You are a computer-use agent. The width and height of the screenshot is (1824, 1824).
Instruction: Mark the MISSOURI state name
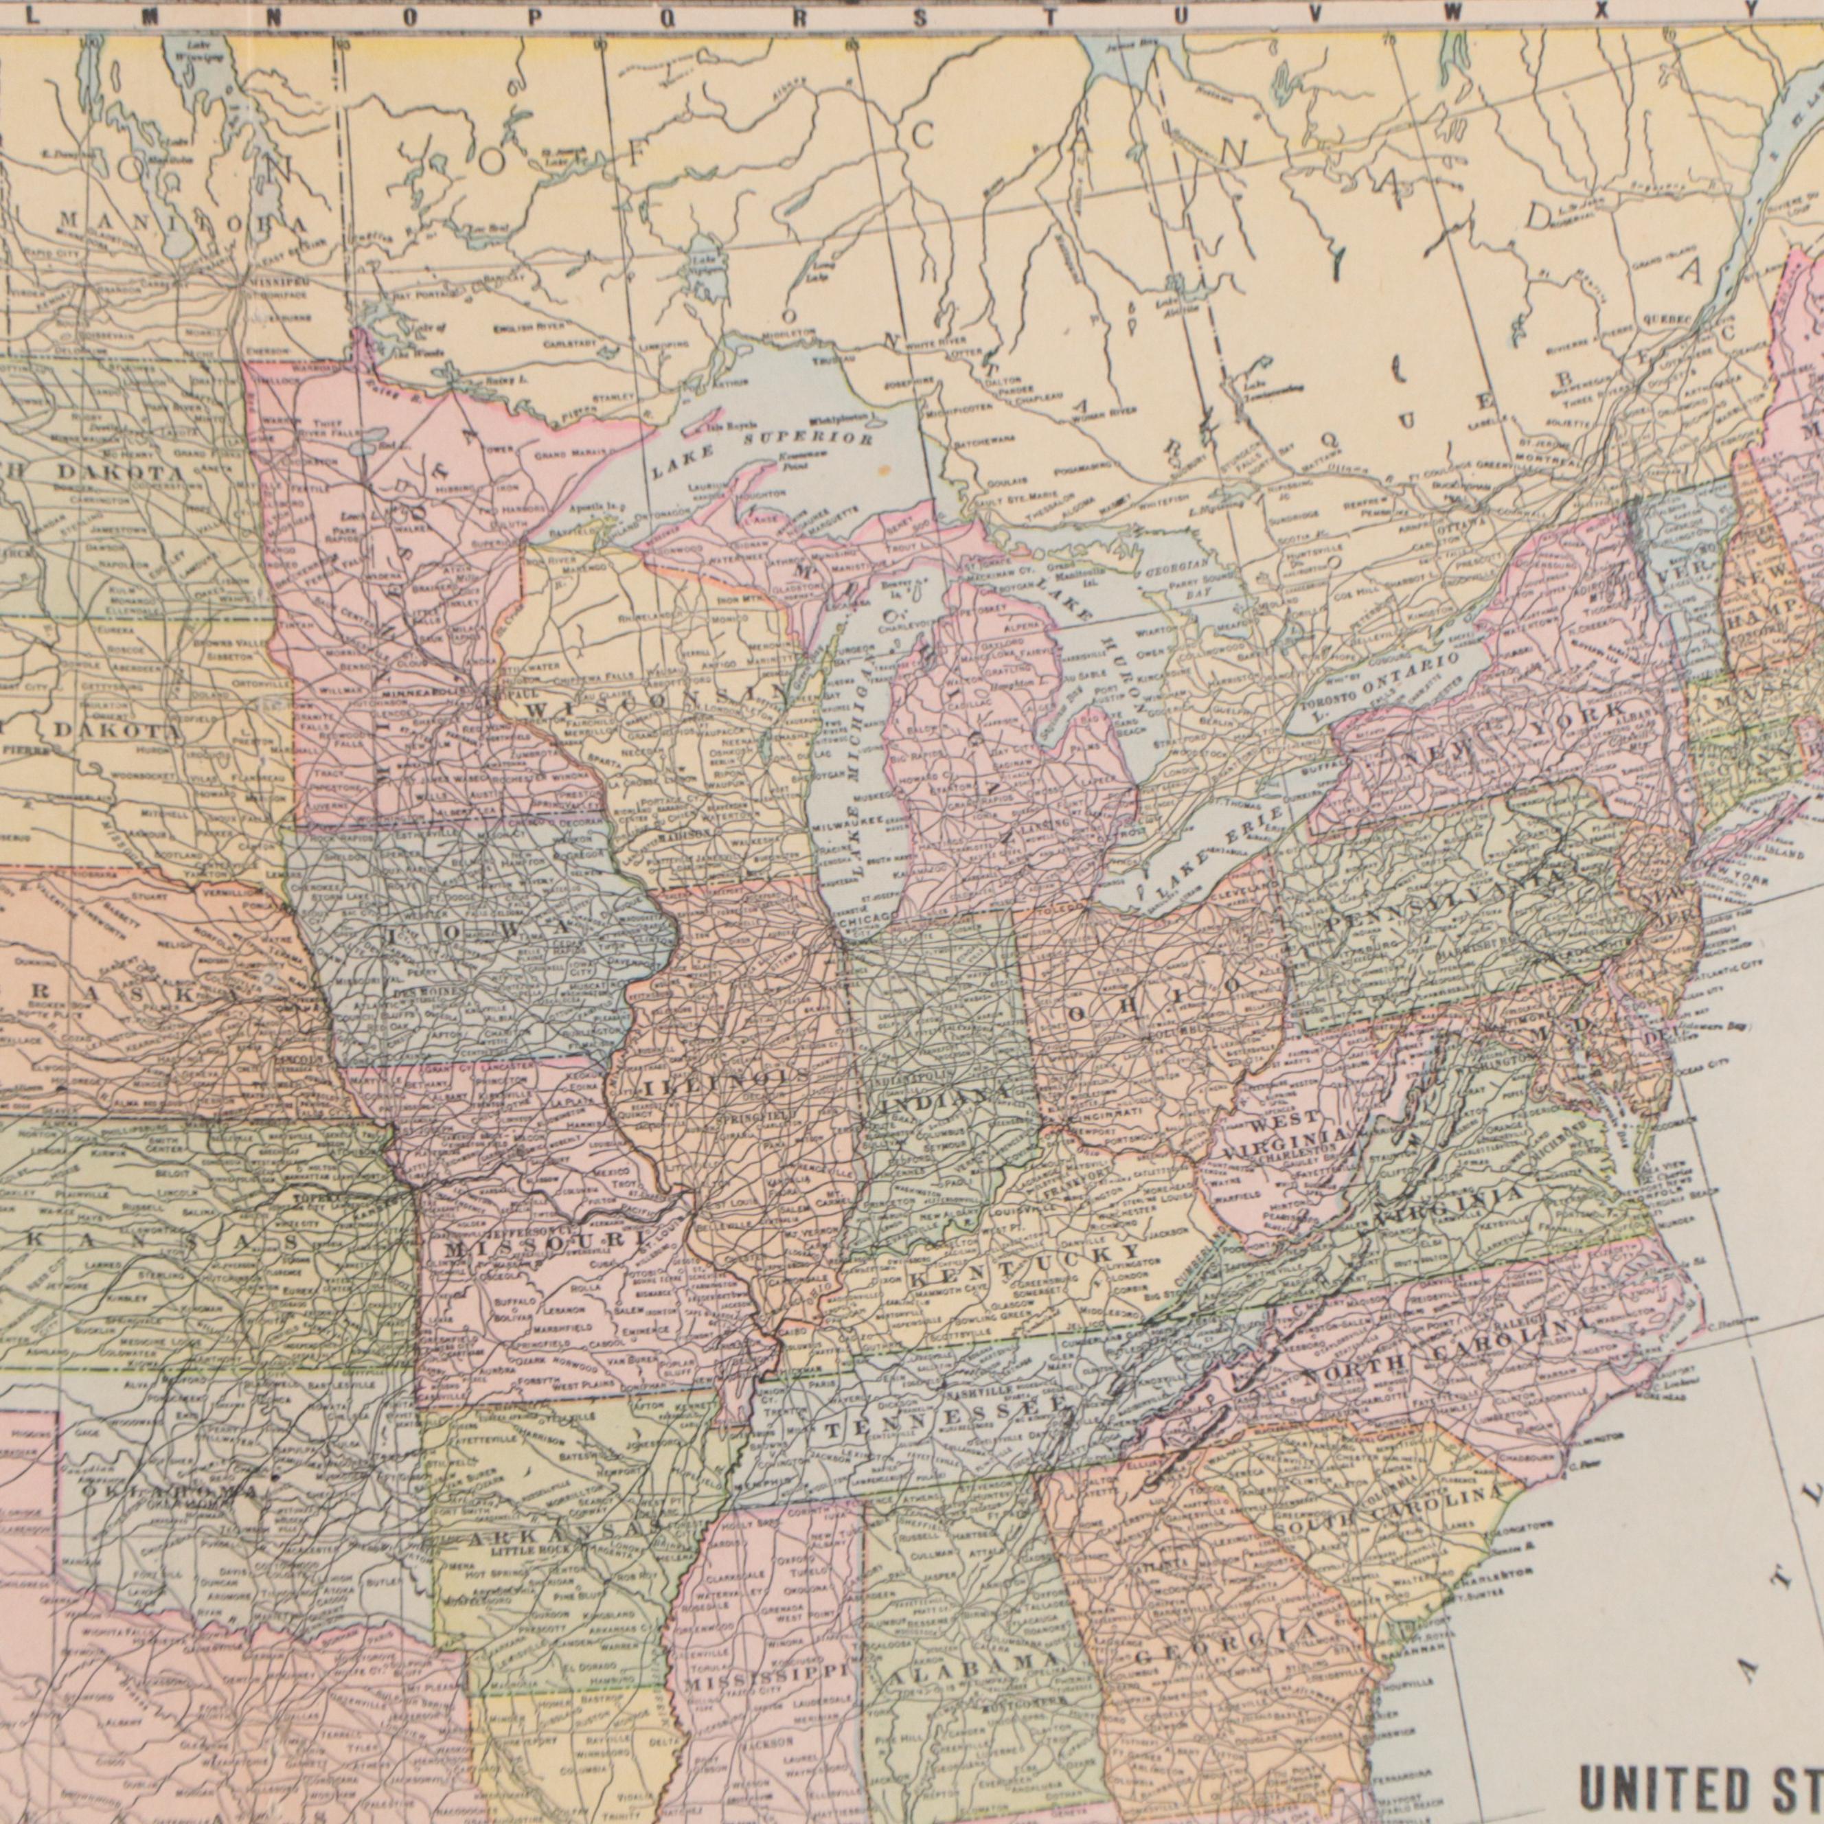point(547,1244)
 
